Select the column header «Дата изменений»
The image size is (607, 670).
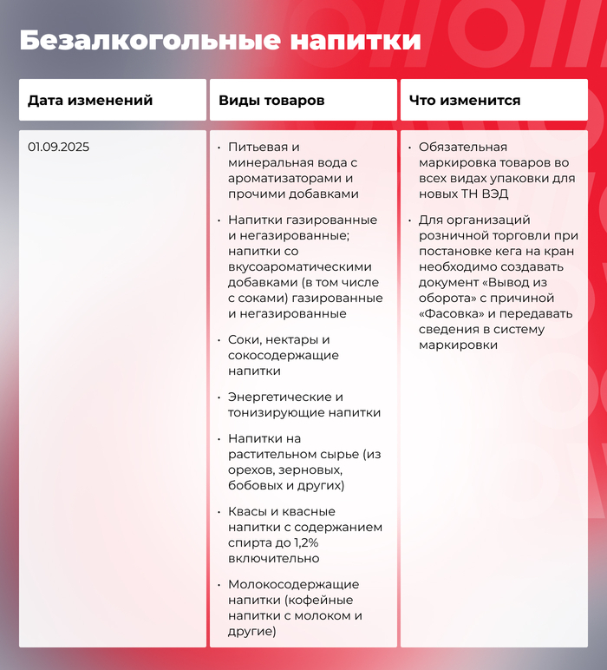tap(90, 101)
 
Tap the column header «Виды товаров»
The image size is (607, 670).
tap(271, 101)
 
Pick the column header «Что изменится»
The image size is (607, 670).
tap(465, 101)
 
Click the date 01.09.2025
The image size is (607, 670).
tap(58, 147)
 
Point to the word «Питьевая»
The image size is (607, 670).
tap(257, 148)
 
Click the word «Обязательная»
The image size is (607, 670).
tap(462, 148)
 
